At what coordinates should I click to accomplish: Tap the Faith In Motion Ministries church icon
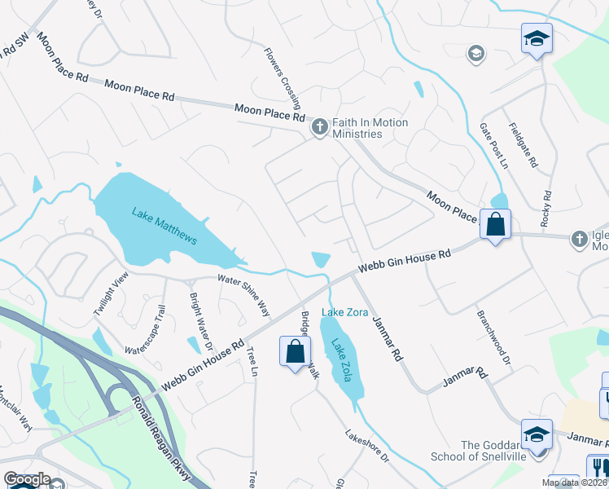click(x=319, y=126)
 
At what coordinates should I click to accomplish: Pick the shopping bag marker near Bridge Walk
click(x=295, y=352)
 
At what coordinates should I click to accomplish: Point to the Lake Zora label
click(x=345, y=313)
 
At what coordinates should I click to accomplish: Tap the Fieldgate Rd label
click(x=523, y=145)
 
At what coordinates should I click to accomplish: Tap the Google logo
click(x=27, y=479)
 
